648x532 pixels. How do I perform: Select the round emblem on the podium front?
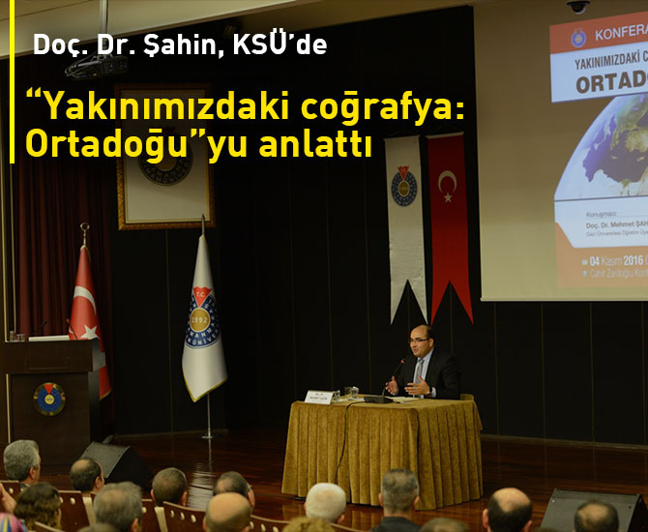click(x=48, y=398)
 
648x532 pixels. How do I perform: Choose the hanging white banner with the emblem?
click(x=404, y=218)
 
